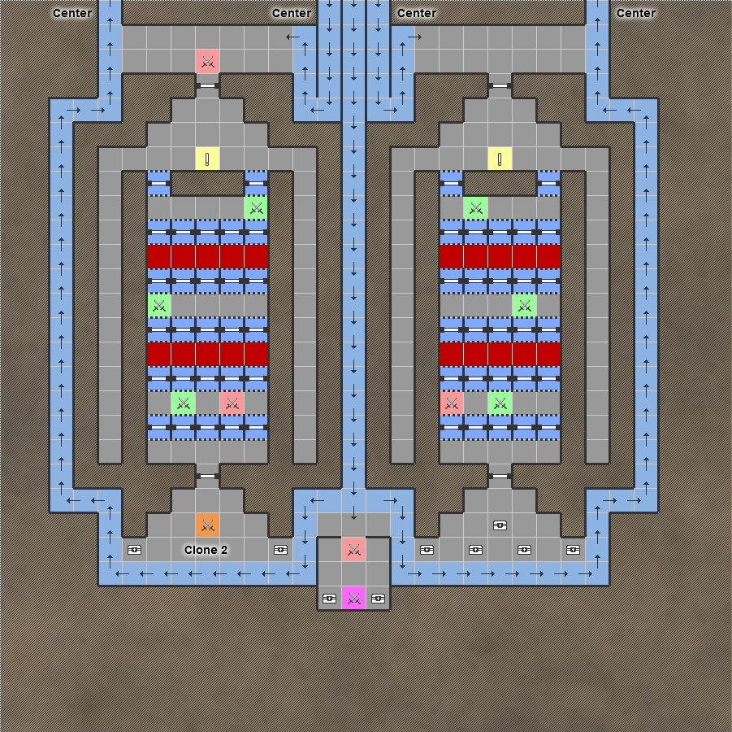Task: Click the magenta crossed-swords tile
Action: point(353,599)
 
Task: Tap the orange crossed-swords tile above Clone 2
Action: point(207,525)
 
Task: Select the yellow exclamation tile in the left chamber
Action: point(207,159)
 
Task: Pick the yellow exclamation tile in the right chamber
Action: point(500,159)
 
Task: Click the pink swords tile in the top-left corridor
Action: point(207,61)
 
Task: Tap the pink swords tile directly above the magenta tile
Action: point(353,550)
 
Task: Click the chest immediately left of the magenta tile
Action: point(329,599)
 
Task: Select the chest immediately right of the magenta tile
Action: point(378,599)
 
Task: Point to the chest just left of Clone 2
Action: point(134,550)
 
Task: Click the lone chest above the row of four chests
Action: point(500,525)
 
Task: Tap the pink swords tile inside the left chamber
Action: point(232,403)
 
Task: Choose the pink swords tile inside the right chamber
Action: point(451,403)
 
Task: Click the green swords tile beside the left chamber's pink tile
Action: point(183,403)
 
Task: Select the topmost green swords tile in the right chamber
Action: point(475,208)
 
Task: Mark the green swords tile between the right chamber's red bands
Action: point(524,306)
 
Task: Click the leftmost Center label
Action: point(72,13)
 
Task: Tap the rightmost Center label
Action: point(636,13)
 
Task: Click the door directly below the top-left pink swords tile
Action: point(207,85)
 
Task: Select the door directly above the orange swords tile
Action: point(207,476)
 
